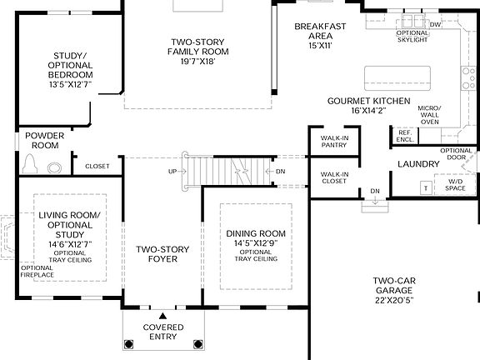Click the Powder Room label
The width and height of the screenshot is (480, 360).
(x=42, y=140)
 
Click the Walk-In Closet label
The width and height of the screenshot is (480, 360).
(x=327, y=177)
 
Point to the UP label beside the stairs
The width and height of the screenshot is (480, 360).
(x=172, y=172)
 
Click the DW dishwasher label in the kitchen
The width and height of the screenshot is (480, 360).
(x=434, y=25)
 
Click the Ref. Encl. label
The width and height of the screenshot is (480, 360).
(x=406, y=136)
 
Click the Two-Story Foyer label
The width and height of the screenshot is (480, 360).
(x=163, y=254)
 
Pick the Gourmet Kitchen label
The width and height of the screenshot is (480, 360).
(x=367, y=100)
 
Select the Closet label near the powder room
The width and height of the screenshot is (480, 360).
(x=97, y=167)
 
